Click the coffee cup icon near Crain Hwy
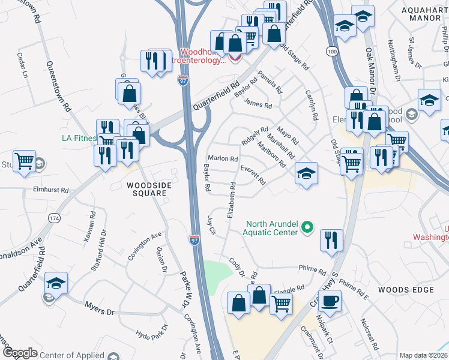tap(331, 299)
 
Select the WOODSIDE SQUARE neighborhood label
tap(150, 190)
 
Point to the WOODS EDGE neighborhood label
tap(406, 290)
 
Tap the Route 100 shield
tap(332, 53)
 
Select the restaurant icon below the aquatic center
tap(331, 239)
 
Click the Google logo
tap(19, 353)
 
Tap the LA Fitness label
tap(79, 138)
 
